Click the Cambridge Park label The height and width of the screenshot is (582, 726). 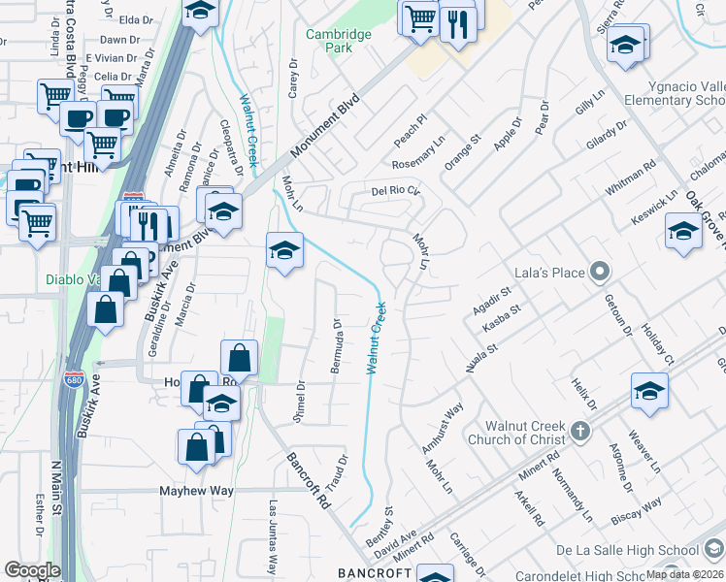339,41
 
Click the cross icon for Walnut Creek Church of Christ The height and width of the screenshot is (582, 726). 579,431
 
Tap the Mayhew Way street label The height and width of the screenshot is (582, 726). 197,491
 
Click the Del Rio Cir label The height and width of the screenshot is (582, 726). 396,191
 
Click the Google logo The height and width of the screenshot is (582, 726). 32,570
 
